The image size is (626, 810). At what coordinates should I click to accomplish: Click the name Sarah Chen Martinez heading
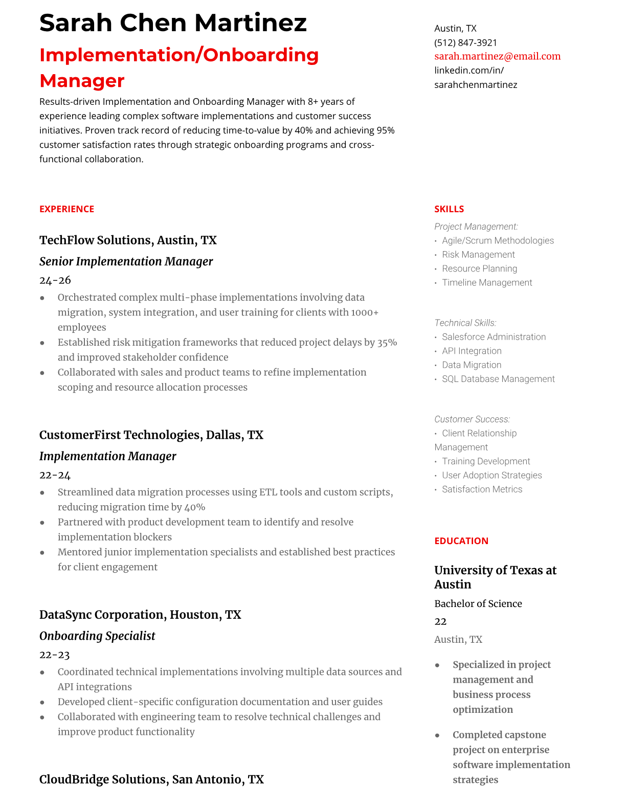coord(173,24)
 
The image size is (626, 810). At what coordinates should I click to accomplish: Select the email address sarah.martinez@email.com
coord(497,56)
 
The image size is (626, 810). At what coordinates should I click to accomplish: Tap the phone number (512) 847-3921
coord(465,42)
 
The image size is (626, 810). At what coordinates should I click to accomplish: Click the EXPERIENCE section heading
coord(66,209)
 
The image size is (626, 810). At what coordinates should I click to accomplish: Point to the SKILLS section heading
coord(449,209)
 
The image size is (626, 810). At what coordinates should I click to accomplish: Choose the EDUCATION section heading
coord(461,541)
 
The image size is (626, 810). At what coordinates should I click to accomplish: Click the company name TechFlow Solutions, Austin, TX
coord(128,240)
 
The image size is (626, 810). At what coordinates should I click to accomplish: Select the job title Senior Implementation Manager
coord(126,261)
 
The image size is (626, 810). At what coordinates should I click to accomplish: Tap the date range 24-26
coord(55,280)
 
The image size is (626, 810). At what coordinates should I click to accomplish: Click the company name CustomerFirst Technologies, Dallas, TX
coord(151,435)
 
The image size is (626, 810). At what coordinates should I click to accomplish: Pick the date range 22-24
coord(55,475)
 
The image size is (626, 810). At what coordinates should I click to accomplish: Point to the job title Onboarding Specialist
coord(97,636)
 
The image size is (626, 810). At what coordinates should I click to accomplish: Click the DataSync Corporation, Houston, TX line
coord(140,615)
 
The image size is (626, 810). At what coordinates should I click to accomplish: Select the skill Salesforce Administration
coord(494,337)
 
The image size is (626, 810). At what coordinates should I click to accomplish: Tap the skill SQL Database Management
coord(498,379)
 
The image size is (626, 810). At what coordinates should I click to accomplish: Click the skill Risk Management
coord(478,255)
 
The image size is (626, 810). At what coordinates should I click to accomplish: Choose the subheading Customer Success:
coord(472,419)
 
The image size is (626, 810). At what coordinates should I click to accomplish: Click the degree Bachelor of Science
coord(478,604)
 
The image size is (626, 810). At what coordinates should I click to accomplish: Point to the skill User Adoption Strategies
coord(491,475)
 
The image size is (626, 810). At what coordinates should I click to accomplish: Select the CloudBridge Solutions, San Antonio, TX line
coord(151,779)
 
